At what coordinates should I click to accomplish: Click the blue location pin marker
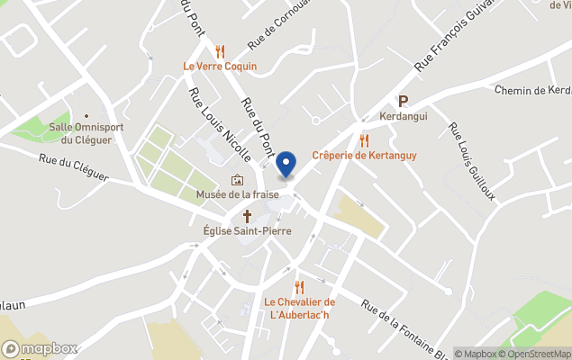(286, 165)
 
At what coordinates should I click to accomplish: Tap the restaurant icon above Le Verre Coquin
(221, 50)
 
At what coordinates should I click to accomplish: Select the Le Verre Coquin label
(220, 67)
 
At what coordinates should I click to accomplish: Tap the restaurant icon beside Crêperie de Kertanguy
(365, 139)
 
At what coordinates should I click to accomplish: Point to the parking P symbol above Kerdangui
(403, 102)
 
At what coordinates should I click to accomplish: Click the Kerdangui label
(403, 118)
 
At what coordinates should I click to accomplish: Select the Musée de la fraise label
(237, 194)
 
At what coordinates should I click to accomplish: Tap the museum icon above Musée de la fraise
(237, 179)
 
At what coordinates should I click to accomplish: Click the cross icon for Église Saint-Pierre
(248, 215)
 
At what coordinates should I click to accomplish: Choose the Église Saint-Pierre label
(247, 230)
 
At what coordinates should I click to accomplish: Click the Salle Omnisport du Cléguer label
(86, 133)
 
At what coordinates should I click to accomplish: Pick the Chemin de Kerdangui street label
(532, 90)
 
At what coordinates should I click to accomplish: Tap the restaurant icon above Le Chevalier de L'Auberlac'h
(300, 286)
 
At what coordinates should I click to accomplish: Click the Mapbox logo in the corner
(40, 348)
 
